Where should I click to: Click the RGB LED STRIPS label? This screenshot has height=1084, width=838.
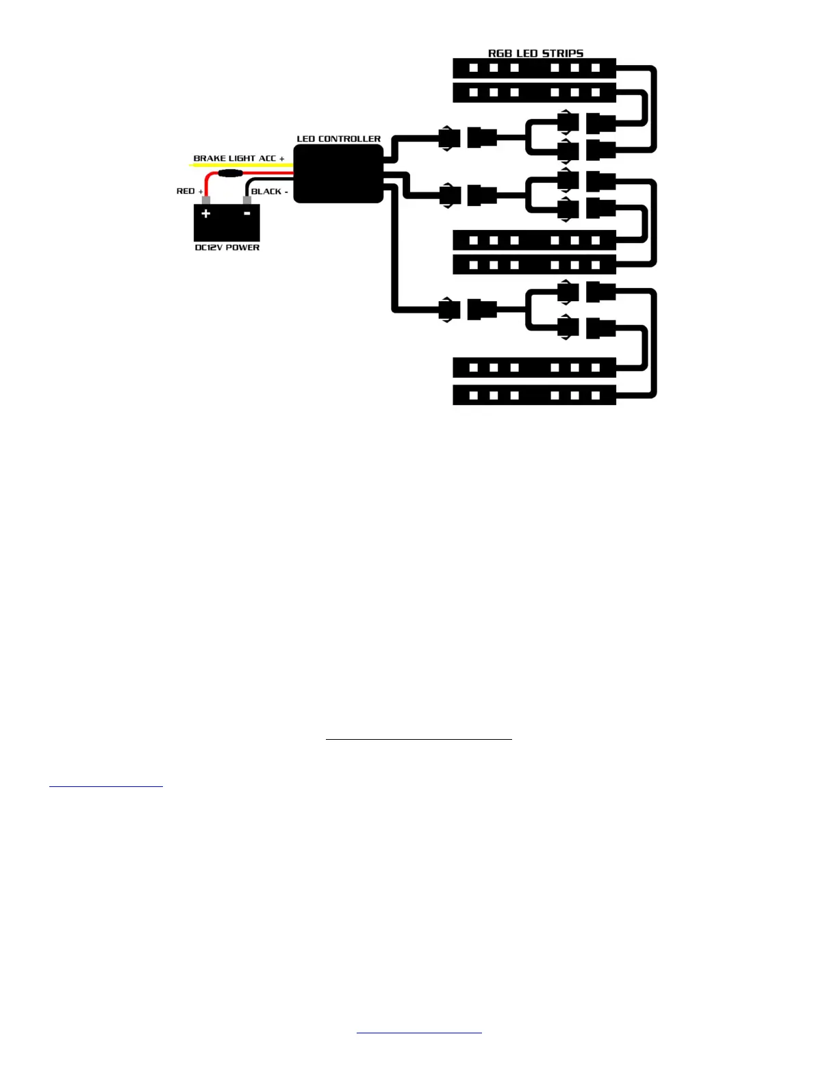click(x=535, y=53)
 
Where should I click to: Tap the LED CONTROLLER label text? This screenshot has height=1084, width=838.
click(x=338, y=139)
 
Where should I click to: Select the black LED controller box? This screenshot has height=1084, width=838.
click(x=338, y=174)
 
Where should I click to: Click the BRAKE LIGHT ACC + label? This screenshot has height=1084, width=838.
click(x=238, y=158)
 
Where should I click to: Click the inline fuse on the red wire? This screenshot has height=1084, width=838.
click(x=230, y=174)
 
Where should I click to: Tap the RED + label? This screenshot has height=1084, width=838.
click(x=190, y=191)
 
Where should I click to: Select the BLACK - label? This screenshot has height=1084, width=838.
click(x=269, y=192)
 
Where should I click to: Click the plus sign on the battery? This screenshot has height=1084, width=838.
click(x=205, y=214)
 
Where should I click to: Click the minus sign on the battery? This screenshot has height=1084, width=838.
click(x=247, y=214)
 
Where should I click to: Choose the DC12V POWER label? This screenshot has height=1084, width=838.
click(x=227, y=248)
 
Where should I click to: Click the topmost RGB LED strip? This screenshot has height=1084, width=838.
click(x=534, y=68)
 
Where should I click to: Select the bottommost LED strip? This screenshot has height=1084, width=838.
click(x=534, y=395)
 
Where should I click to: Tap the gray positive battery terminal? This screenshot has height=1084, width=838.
click(x=205, y=201)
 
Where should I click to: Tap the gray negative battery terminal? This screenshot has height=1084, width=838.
click(x=247, y=201)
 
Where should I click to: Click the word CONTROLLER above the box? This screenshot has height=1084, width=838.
click(x=350, y=139)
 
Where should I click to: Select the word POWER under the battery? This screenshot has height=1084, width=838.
click(x=243, y=248)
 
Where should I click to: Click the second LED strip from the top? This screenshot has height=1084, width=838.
click(x=534, y=92)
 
